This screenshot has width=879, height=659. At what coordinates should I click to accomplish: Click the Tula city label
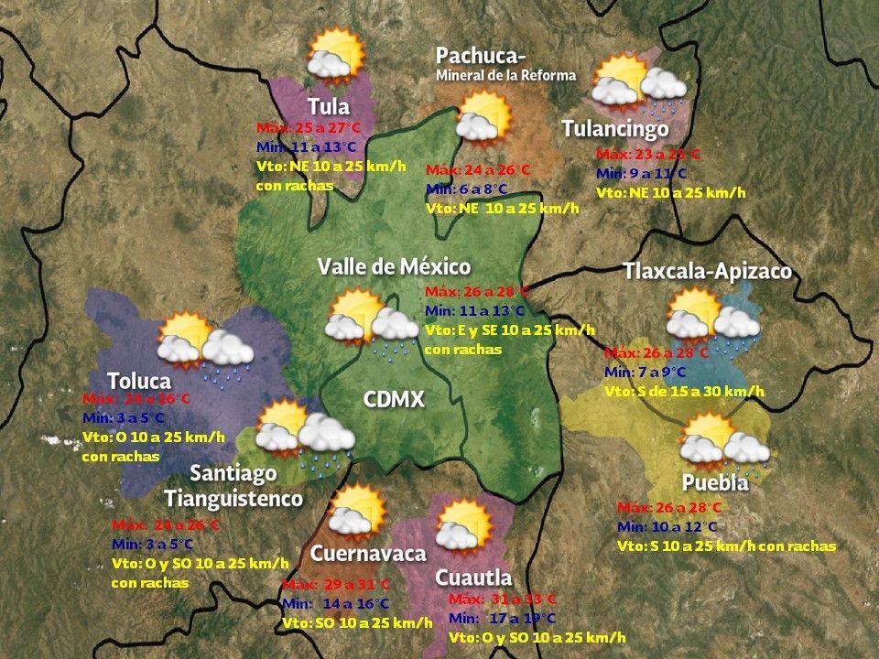[329, 106]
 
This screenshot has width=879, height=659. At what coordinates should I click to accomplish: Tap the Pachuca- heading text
[481, 56]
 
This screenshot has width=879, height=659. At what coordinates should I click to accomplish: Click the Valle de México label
[394, 267]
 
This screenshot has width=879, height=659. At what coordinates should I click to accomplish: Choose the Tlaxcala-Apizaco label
[707, 272]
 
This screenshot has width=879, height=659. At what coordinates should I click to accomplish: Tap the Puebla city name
[715, 482]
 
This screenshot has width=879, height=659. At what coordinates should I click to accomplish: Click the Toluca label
[139, 380]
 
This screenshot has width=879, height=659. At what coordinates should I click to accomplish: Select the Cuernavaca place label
[368, 554]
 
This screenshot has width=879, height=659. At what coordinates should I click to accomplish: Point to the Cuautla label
[473, 578]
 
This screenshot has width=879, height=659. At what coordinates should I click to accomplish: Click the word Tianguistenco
[233, 499]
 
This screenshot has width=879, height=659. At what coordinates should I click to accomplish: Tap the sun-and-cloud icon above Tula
[335, 55]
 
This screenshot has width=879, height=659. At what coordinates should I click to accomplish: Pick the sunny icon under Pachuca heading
[483, 116]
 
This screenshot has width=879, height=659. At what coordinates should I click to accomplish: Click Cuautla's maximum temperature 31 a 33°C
[503, 600]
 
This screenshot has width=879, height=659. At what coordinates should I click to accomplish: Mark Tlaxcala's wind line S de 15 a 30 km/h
[684, 391]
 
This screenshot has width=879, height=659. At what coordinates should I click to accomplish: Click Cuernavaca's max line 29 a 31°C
[336, 585]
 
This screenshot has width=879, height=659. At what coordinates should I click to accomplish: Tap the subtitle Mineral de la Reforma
[505, 75]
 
